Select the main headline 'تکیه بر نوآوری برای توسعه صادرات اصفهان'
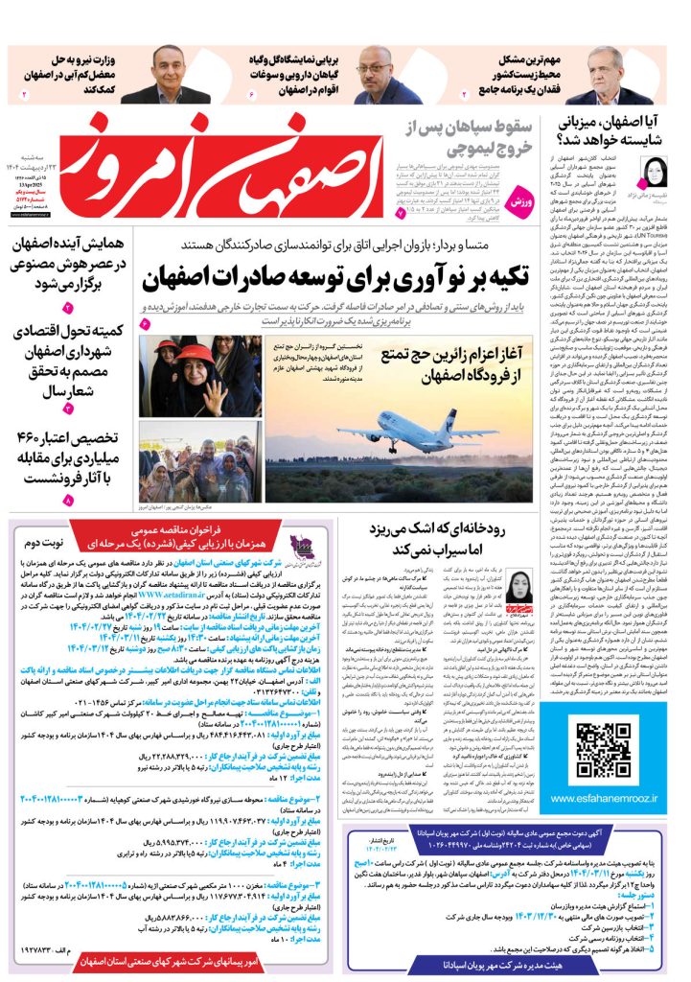(x=337, y=280)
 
